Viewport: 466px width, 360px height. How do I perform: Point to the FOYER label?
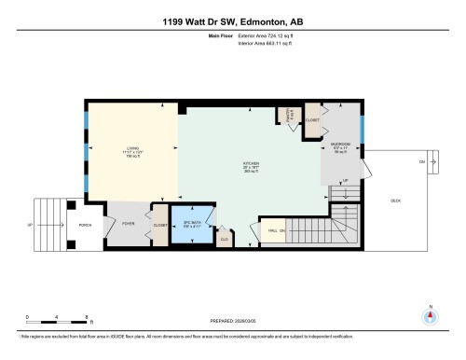click(x=129, y=223)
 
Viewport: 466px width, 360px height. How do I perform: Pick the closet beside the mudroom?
click(x=311, y=120)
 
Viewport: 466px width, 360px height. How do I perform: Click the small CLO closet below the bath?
click(x=224, y=239)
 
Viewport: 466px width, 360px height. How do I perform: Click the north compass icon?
click(x=430, y=314)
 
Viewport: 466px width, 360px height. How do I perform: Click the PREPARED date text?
click(x=233, y=316)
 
